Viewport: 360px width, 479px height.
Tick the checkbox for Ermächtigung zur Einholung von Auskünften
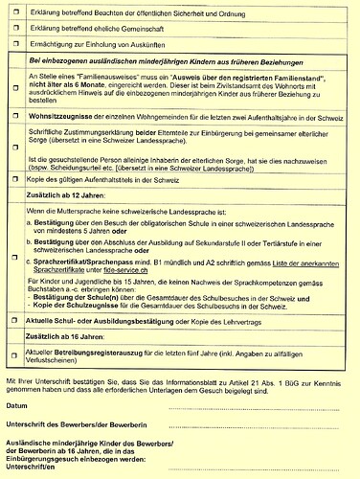tap(17, 45)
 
